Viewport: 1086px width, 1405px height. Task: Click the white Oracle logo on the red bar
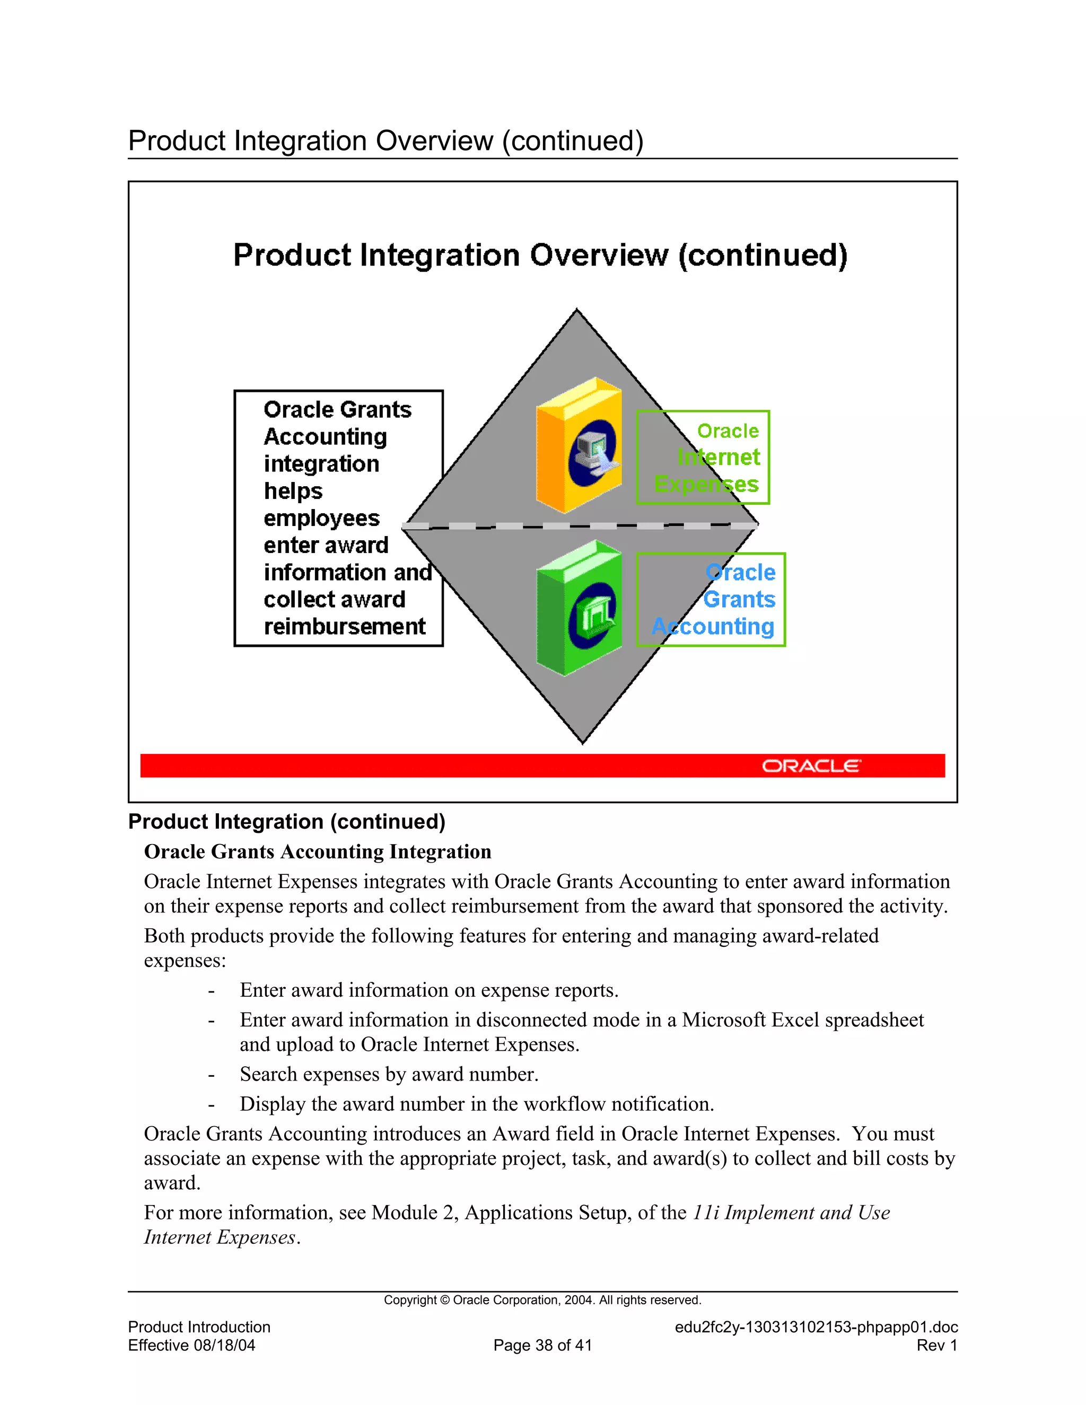(x=811, y=766)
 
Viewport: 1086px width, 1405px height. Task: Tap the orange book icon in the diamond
(x=579, y=445)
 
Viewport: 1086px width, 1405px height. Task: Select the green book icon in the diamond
(x=579, y=609)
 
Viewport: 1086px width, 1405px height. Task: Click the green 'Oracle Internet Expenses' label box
(x=703, y=458)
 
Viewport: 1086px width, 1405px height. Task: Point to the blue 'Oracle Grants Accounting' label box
(x=711, y=600)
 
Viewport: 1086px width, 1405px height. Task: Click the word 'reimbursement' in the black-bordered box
(x=344, y=627)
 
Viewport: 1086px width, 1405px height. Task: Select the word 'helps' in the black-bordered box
(x=293, y=491)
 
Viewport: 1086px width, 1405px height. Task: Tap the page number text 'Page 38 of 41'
(x=542, y=1345)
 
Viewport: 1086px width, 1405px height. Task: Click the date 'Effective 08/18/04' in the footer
(x=192, y=1345)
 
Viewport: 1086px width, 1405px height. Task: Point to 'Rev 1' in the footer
(x=937, y=1345)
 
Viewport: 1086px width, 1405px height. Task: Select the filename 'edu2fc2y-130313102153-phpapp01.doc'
(x=816, y=1327)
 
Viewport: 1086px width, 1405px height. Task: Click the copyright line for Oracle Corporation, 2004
(x=542, y=1300)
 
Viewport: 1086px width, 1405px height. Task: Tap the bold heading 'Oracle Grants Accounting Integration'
(x=317, y=852)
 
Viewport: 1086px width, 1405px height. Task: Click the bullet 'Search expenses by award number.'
(x=389, y=1074)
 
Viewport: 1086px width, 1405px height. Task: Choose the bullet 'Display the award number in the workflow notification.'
(x=477, y=1104)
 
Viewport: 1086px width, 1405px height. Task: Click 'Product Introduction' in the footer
(x=199, y=1327)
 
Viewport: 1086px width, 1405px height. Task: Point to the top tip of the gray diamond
(x=576, y=311)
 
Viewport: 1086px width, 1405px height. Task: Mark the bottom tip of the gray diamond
(x=583, y=742)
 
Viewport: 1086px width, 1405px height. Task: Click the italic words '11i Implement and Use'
(x=791, y=1213)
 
